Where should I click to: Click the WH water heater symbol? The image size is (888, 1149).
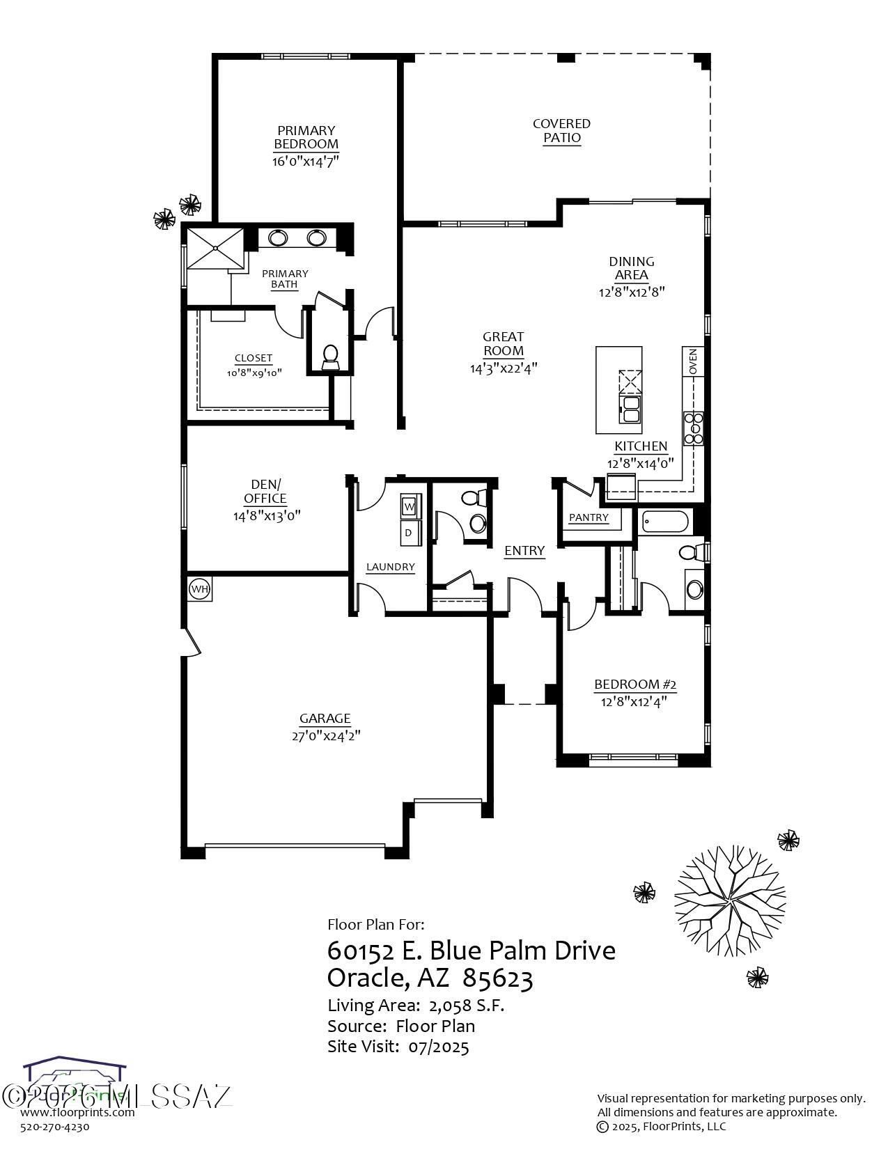pos(199,589)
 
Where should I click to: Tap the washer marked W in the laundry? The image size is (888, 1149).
pos(409,506)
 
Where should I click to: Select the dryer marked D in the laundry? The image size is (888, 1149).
pos(409,533)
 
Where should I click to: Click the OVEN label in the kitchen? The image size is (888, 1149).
pos(693,362)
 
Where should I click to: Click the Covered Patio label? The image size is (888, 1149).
pos(561,131)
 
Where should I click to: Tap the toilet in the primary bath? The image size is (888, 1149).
pos(330,357)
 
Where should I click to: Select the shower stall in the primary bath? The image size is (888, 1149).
pos(217,248)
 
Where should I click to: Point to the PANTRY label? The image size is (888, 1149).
pos(589,517)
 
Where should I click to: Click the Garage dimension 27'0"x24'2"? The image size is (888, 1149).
pos(325,735)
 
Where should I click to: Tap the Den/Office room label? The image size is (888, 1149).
pos(265,491)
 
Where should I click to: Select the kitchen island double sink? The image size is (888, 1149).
pos(631,409)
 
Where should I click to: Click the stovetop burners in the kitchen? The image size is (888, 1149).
pos(693,428)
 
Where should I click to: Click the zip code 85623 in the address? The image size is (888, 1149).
pos(498,979)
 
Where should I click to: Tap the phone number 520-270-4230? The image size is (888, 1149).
pos(55,1127)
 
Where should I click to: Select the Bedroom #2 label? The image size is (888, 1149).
pos(634,685)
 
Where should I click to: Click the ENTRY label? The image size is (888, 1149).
pos(524,551)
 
